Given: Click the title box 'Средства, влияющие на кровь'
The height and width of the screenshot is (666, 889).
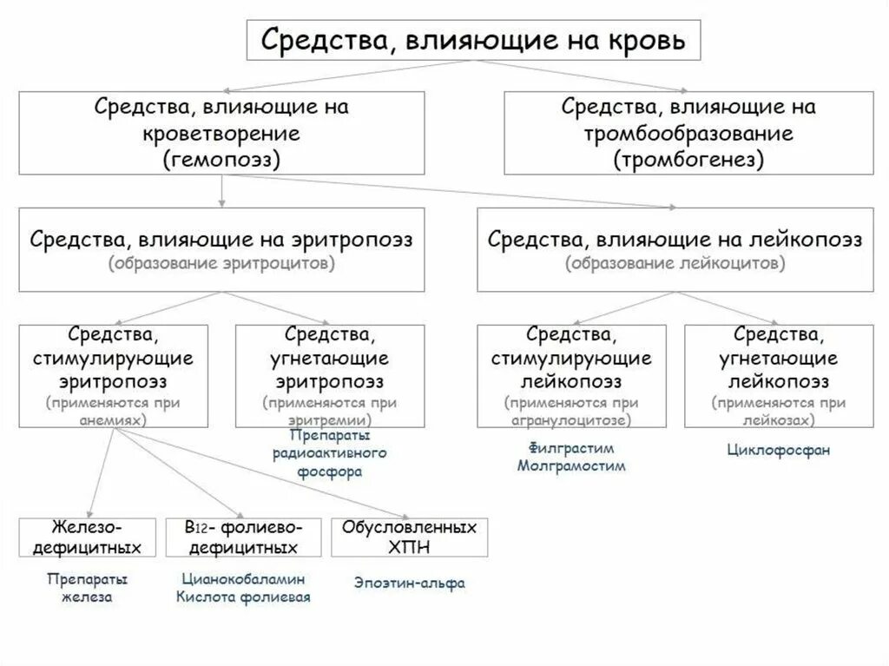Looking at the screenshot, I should [x=474, y=39].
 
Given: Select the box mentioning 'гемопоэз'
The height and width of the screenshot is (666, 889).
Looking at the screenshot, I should [x=222, y=133].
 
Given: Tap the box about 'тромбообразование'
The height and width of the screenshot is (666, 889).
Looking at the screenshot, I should [x=688, y=133].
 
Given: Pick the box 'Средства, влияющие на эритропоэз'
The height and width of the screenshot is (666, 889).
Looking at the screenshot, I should [x=222, y=249].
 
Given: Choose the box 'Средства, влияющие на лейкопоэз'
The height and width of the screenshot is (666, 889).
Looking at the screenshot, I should [x=675, y=249].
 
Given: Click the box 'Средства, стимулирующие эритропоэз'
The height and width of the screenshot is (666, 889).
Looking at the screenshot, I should [x=114, y=375].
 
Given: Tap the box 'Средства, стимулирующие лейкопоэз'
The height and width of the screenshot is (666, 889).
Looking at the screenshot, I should [x=571, y=375].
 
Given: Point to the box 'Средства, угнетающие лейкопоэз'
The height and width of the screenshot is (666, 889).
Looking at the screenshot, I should [x=778, y=375].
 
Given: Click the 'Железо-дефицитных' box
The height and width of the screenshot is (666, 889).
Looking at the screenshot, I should [x=88, y=537].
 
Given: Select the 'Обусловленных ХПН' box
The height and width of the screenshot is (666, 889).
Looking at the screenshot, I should [x=410, y=537].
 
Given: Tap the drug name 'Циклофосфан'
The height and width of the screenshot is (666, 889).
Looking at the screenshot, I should [x=778, y=450].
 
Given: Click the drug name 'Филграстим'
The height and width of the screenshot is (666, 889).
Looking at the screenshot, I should [x=570, y=448].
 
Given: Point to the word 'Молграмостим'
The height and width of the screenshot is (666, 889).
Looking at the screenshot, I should [x=570, y=465].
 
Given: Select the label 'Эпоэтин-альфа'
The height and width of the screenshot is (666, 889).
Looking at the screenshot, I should [x=409, y=583].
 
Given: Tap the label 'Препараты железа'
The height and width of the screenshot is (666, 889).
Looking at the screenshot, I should [x=87, y=587].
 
